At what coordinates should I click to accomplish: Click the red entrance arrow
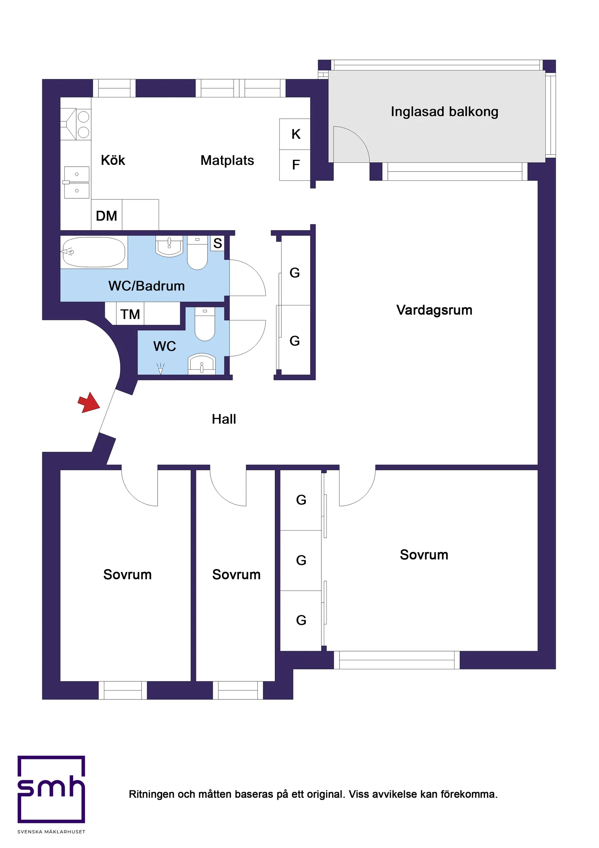(x=89, y=403)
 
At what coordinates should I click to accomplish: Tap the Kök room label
(x=113, y=160)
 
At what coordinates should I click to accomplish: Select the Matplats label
(x=227, y=160)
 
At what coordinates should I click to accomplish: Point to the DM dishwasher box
(x=106, y=215)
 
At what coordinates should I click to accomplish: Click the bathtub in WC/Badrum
(x=94, y=252)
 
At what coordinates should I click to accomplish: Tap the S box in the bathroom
(x=217, y=243)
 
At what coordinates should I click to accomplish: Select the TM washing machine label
(x=130, y=314)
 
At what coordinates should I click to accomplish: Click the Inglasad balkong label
(x=444, y=111)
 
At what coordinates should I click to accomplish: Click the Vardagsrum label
(x=434, y=310)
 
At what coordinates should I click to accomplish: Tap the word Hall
(x=224, y=419)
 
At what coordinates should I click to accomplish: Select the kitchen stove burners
(x=83, y=125)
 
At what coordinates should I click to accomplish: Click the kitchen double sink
(x=77, y=182)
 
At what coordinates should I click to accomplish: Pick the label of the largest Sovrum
(x=424, y=555)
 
